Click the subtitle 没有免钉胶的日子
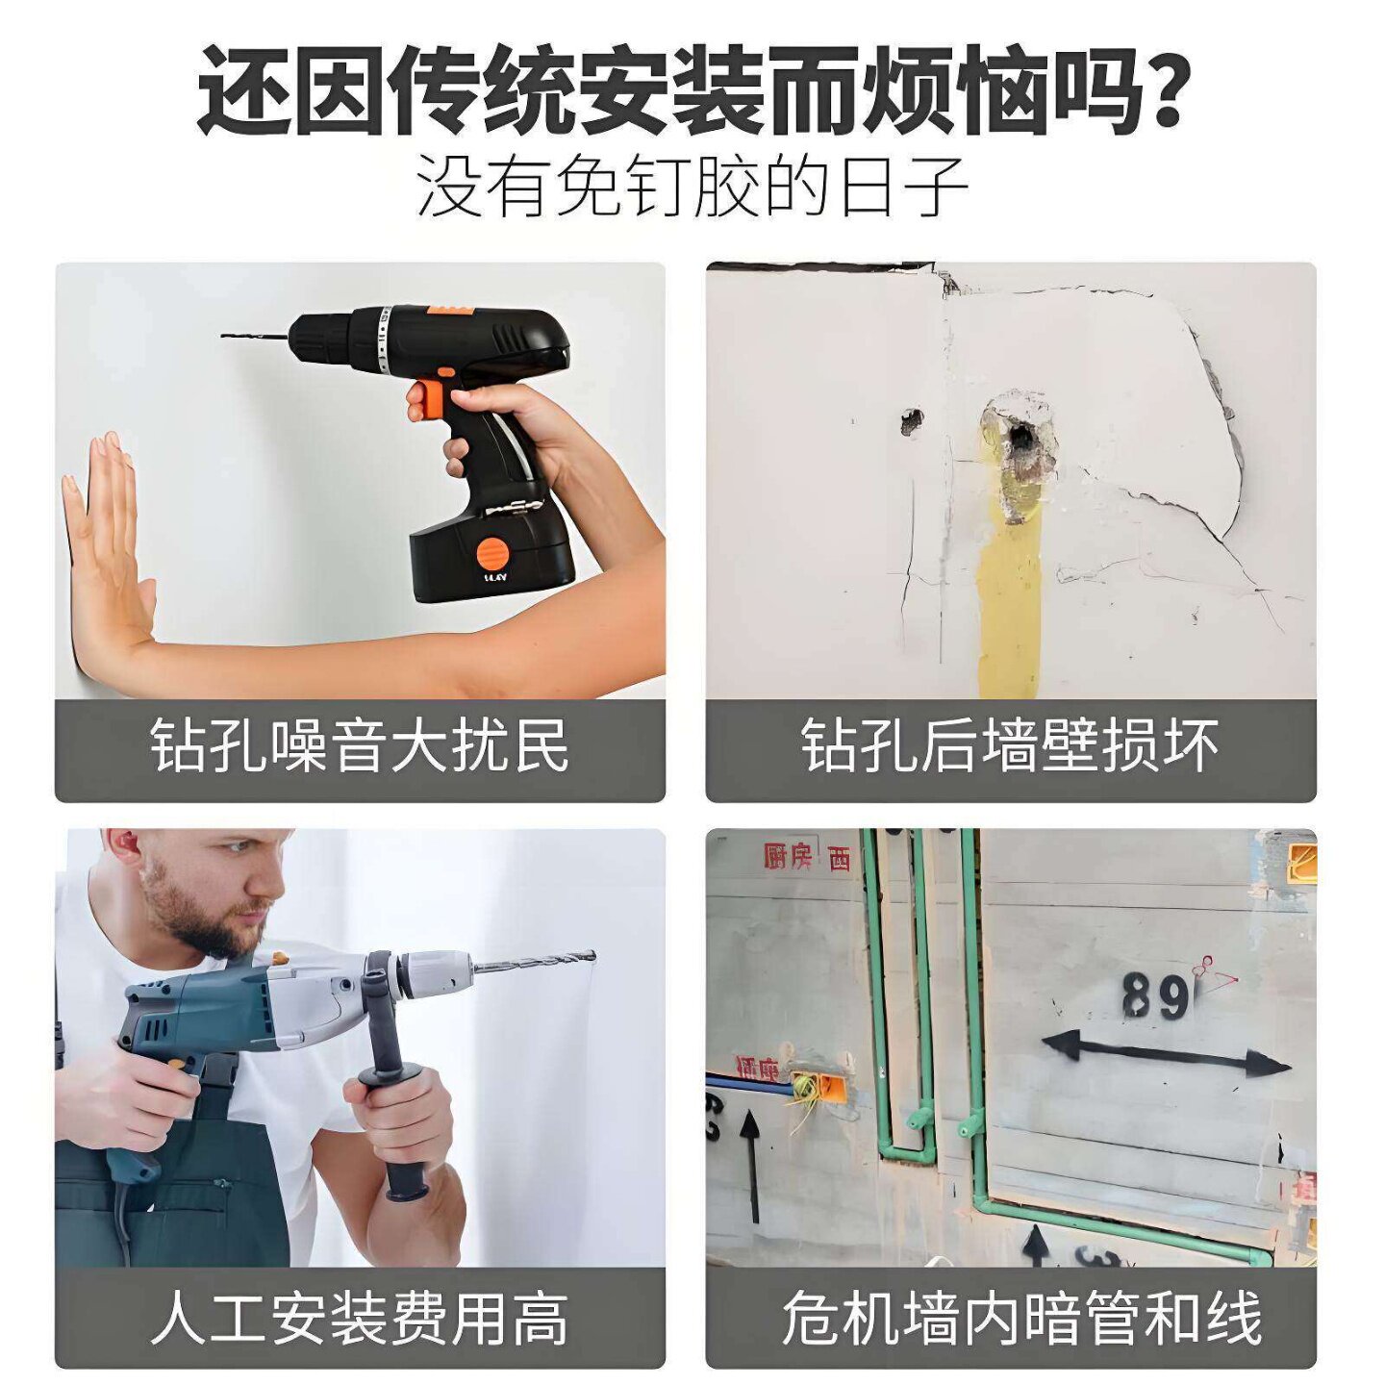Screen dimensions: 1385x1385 point(692,188)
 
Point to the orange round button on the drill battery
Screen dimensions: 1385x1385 point(491,554)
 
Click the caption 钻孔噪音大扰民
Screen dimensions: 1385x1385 point(360,746)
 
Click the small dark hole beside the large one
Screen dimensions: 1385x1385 point(911,420)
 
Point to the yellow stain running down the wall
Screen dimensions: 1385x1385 point(1008,606)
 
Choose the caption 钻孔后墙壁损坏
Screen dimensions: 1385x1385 point(1010,746)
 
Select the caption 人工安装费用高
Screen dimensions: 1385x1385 point(360,1318)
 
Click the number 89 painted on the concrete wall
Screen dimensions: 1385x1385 point(1154,996)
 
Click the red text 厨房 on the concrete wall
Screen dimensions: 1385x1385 point(789,856)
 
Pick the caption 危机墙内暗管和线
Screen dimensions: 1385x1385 point(1021,1318)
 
